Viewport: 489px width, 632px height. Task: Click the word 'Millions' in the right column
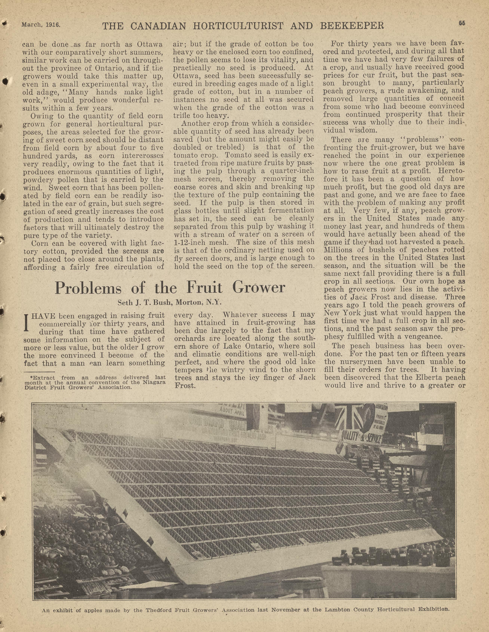click(336, 250)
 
